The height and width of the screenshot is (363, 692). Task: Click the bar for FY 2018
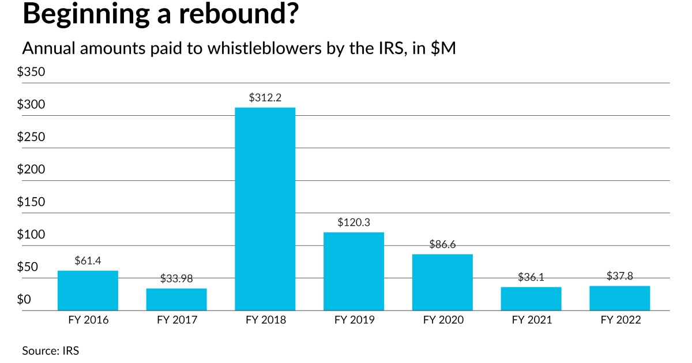(265, 209)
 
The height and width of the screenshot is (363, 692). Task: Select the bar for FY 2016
(88, 290)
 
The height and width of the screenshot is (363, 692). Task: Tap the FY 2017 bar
(176, 299)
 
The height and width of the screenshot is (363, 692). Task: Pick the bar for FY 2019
(353, 271)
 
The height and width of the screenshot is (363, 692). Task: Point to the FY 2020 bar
(442, 282)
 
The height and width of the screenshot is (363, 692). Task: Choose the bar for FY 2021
(531, 298)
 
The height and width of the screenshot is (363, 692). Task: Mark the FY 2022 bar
(619, 298)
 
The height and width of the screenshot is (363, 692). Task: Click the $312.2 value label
(265, 98)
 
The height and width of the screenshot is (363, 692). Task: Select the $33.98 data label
(176, 279)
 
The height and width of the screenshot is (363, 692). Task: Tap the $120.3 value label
(353, 222)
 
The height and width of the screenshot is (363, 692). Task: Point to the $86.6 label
(442, 244)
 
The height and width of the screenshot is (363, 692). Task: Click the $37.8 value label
(619, 276)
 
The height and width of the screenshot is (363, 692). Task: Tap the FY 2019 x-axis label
(353, 320)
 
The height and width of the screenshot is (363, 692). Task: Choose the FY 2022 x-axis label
(619, 320)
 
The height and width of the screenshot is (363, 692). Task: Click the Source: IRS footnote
(50, 350)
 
